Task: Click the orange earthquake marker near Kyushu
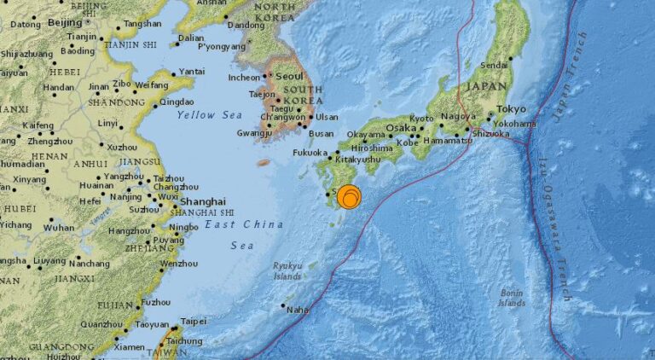349,198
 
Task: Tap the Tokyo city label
511,108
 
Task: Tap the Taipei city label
194,322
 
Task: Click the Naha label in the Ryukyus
297,311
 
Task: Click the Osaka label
400,128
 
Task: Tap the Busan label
322,134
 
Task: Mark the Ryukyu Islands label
287,270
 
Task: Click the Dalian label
192,38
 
